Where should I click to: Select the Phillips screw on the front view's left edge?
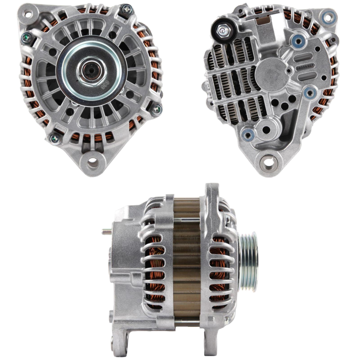(x=26, y=37)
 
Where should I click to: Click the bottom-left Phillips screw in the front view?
(x=55, y=138)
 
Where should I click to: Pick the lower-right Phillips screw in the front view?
(x=156, y=109)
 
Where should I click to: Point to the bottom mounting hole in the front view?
(x=93, y=163)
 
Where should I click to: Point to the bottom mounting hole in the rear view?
(x=269, y=163)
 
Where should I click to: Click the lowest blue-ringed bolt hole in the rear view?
(x=248, y=135)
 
